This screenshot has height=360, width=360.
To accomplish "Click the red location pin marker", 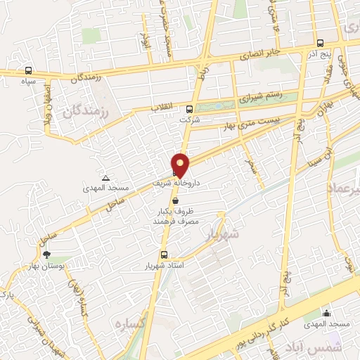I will [181, 165].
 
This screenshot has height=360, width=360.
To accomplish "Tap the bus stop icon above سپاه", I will [28, 70].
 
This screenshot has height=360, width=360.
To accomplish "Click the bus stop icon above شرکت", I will [189, 109].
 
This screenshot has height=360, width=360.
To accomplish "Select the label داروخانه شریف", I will [177, 182].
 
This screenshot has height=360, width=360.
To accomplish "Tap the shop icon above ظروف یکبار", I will [174, 200].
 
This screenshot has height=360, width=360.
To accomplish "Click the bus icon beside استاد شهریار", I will [164, 255].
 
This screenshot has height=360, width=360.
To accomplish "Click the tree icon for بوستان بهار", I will [47, 255].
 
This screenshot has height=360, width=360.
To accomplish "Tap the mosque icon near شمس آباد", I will [326, 313].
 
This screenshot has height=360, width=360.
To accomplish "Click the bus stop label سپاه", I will [28, 81].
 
